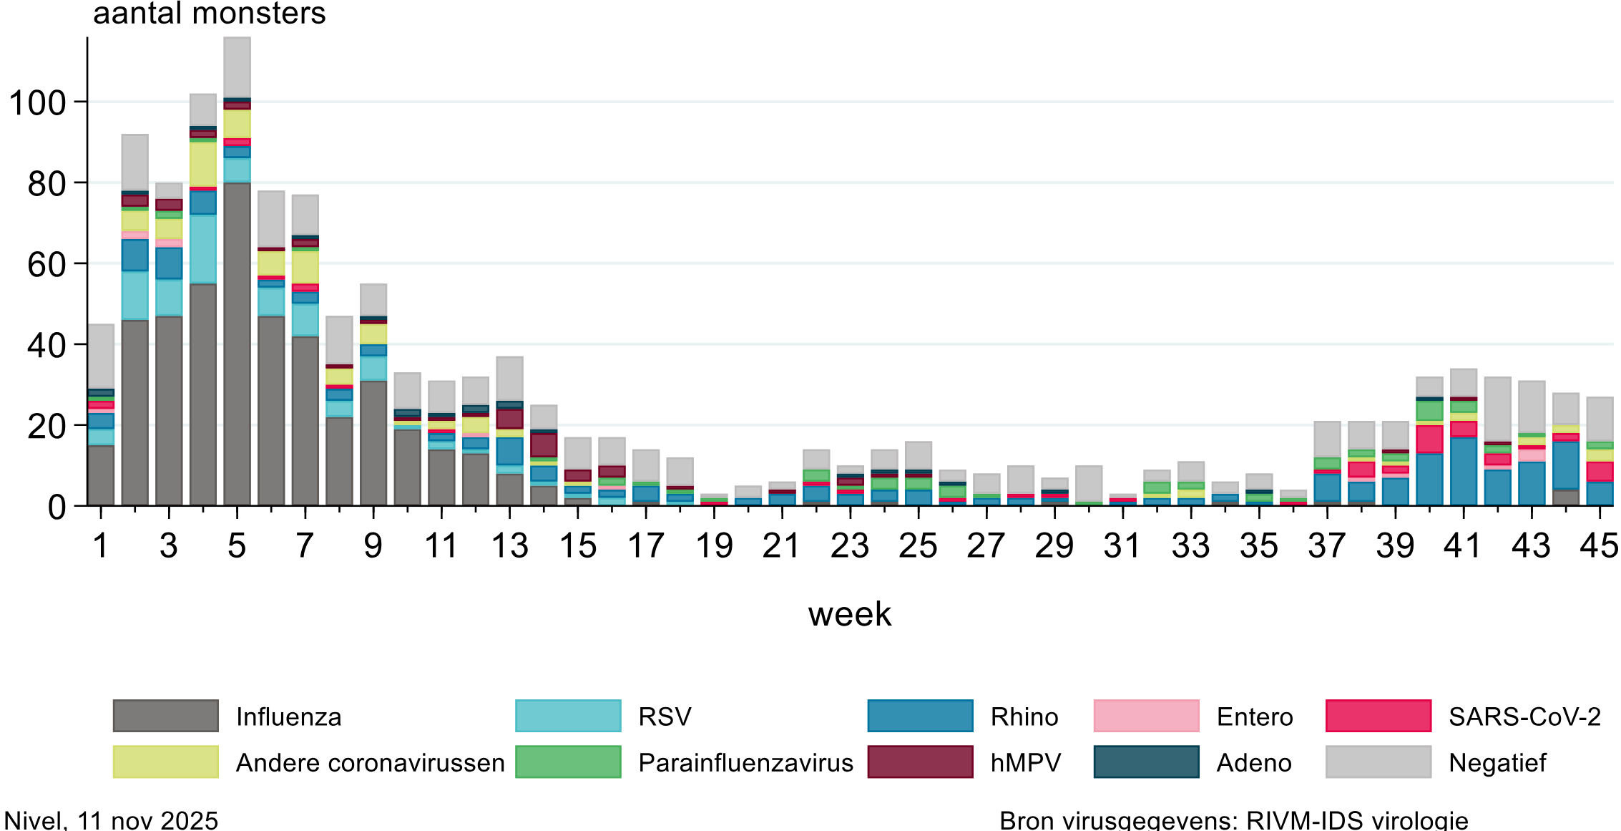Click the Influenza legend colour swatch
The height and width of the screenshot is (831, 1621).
(165, 716)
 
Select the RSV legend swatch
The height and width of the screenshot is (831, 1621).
(568, 716)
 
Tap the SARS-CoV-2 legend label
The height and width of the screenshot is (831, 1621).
(1524, 716)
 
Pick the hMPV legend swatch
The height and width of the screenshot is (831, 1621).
(920, 762)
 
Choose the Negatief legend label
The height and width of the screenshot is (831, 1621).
(1497, 763)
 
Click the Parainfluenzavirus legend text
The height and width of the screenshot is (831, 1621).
(745, 763)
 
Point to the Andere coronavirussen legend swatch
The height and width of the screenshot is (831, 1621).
(165, 762)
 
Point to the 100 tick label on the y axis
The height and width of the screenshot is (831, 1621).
(37, 103)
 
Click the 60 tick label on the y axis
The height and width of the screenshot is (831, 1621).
(46, 265)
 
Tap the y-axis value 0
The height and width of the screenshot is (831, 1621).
(57, 507)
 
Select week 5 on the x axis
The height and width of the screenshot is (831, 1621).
(237, 546)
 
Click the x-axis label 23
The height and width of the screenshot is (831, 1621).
(849, 546)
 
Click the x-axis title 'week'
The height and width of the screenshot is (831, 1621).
(849, 614)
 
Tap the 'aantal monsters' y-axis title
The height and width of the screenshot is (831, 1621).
(209, 14)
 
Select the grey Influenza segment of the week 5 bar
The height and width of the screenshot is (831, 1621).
(237, 344)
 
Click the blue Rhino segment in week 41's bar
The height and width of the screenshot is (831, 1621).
(1464, 472)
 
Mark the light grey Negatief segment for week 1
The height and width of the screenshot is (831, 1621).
(101, 356)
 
